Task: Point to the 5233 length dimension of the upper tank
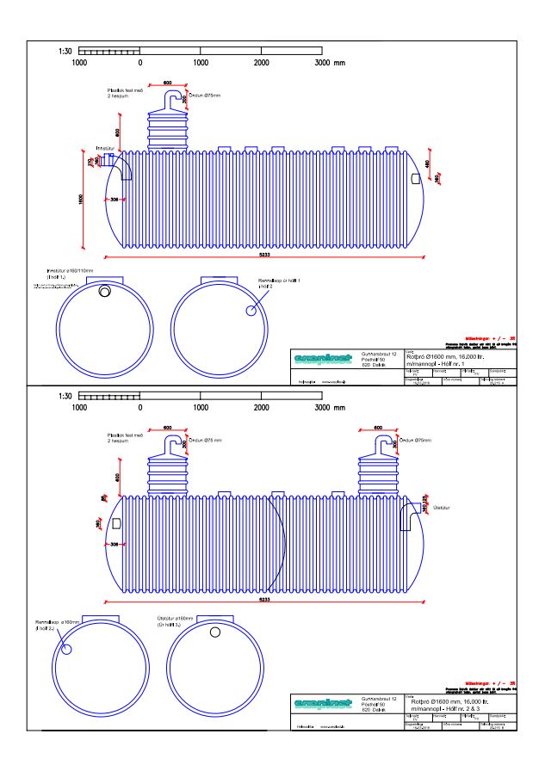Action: tap(264, 253)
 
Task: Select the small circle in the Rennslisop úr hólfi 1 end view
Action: tap(251, 311)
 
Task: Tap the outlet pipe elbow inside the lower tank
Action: tap(407, 512)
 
